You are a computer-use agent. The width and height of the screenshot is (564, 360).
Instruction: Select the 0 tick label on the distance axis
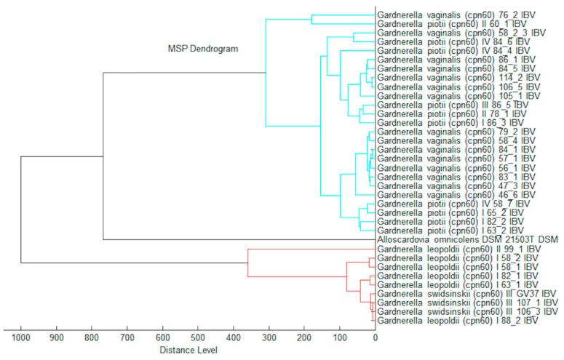tap(375, 338)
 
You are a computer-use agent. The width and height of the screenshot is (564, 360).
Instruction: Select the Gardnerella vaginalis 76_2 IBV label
tap(458, 15)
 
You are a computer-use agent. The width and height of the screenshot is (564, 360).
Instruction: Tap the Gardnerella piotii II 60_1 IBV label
tap(458, 24)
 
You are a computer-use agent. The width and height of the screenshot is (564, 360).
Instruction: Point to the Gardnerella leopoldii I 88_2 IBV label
tap(458, 320)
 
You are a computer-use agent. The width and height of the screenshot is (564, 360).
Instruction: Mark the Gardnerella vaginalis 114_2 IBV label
tap(458, 78)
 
